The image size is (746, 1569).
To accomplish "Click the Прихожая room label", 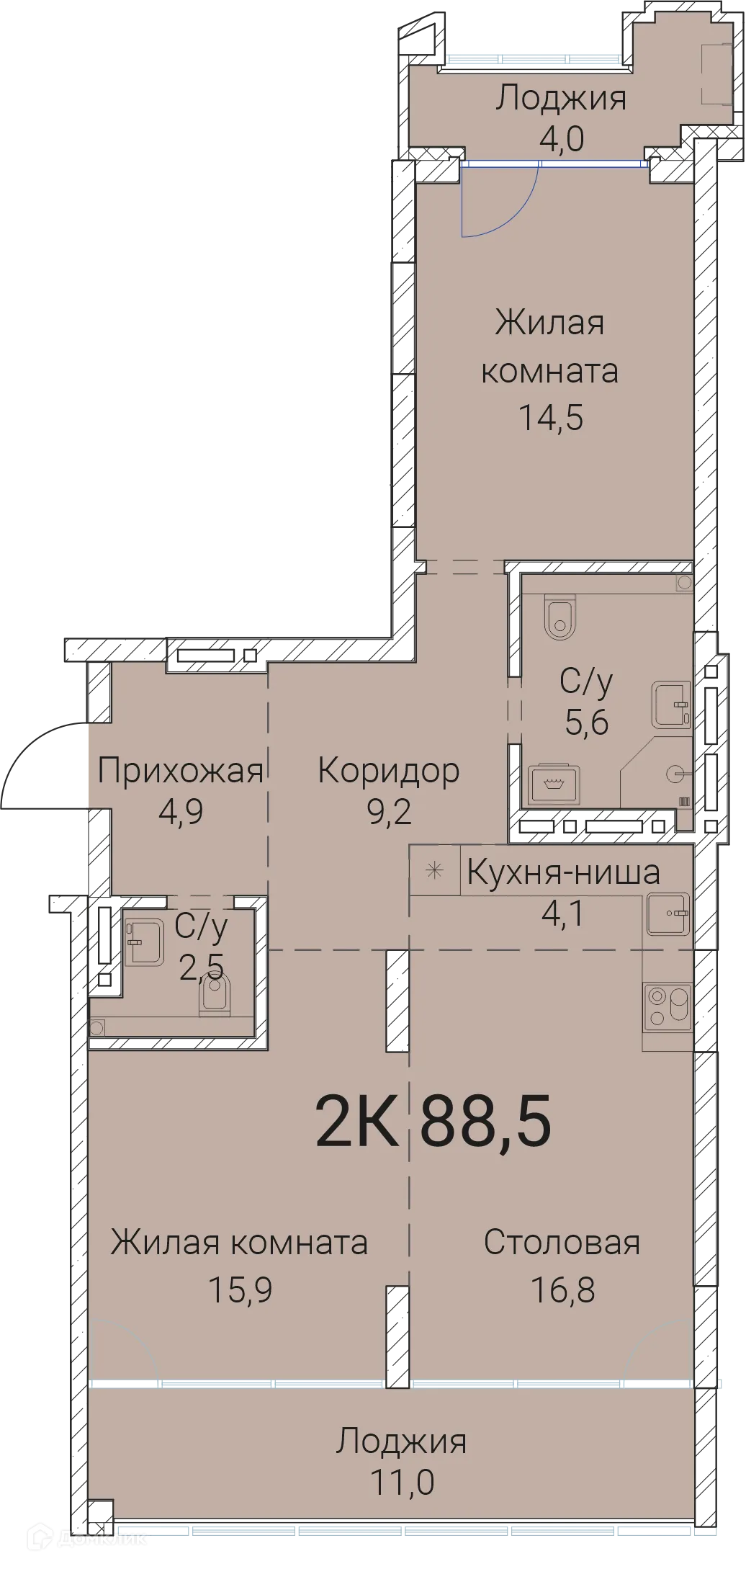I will click(181, 771).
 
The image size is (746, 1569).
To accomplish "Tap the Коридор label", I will click(388, 771).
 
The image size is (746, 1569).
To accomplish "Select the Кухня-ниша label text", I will click(563, 872).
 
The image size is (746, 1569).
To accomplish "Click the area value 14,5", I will click(551, 417).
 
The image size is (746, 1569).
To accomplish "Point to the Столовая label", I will click(562, 1243).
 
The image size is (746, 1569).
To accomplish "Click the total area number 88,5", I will click(485, 1122).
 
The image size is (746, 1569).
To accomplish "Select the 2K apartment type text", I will click(356, 1122).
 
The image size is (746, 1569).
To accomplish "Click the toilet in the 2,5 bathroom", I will click(215, 994).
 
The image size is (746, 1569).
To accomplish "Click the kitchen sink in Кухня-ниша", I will click(668, 913).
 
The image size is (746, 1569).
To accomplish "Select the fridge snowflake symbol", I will click(434, 870).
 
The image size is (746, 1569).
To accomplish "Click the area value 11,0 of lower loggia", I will click(402, 1483).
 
